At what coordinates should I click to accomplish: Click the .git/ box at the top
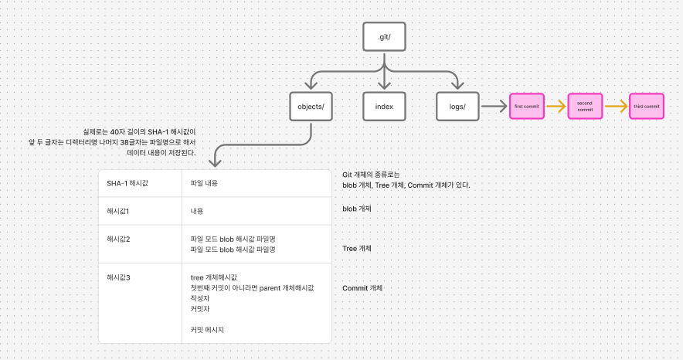tap(385, 36)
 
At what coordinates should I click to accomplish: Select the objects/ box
tap(310, 107)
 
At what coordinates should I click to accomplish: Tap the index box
tap(385, 107)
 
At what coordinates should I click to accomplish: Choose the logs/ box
tap(457, 107)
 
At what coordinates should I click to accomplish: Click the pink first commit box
tap(527, 107)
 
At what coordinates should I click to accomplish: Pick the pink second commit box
tap(585, 107)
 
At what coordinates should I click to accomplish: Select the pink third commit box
tap(646, 107)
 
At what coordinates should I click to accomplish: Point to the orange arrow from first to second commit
tap(556, 107)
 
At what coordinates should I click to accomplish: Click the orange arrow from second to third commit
tap(616, 107)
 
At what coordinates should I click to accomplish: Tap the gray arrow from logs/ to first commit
tap(494, 107)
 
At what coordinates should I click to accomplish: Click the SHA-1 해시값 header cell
tap(127, 182)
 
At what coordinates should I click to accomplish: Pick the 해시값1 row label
tap(118, 210)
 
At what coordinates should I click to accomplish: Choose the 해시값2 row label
tap(118, 239)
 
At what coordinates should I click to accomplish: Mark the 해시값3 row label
tap(118, 277)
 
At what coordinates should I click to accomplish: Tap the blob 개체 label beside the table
tap(357, 209)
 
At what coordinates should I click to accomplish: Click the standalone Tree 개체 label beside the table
tap(357, 248)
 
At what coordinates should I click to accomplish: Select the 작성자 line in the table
tap(200, 297)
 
